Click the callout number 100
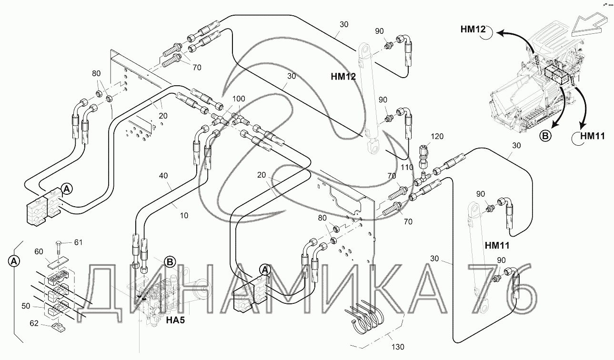pos(238,99)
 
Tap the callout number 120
pos(437,137)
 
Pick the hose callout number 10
pos(184,215)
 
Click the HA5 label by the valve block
pos(175,320)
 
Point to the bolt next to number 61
pos(59,246)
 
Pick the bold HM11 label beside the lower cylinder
pos(497,246)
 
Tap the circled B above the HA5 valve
pos(169,261)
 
